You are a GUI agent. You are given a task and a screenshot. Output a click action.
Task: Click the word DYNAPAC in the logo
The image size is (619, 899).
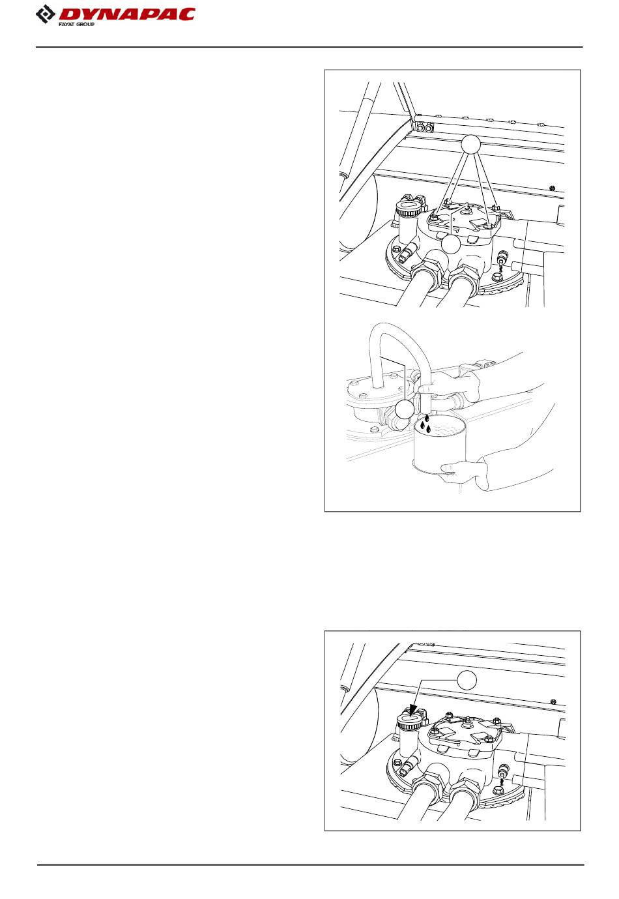click(x=126, y=14)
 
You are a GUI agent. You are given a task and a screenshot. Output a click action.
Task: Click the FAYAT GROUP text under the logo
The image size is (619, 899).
click(x=76, y=25)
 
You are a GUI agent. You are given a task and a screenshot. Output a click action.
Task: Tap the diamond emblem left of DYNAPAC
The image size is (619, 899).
click(x=46, y=14)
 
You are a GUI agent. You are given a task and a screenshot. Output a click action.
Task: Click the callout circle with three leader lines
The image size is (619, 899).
click(x=470, y=144)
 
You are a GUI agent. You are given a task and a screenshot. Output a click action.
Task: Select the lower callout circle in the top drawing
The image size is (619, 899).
click(x=450, y=244)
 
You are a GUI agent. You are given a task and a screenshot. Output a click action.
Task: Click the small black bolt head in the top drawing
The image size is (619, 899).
click(x=553, y=188)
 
